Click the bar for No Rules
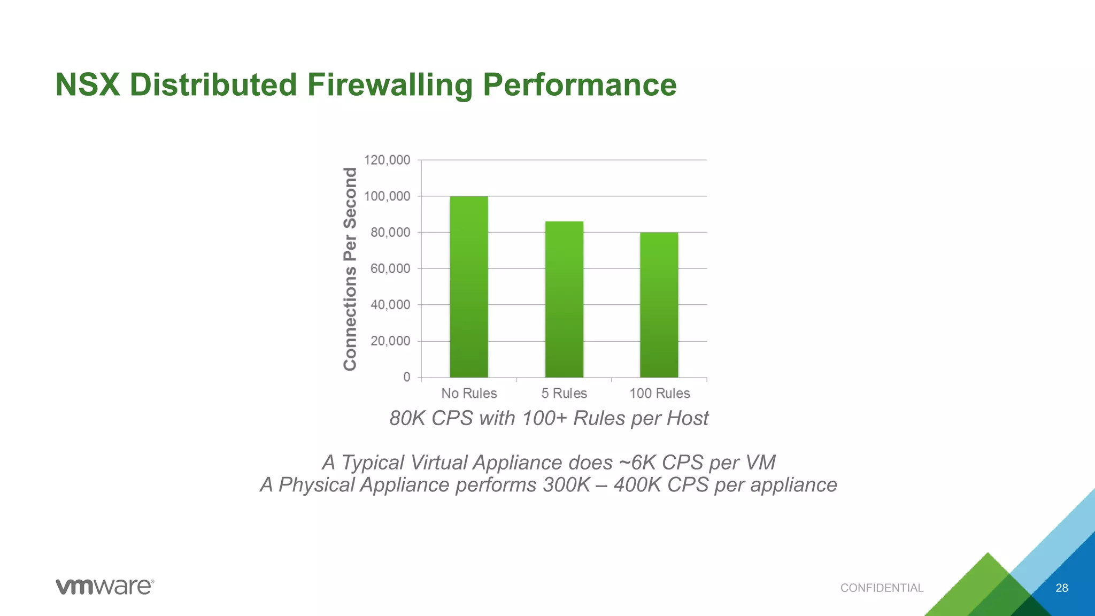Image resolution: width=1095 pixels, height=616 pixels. [x=469, y=287]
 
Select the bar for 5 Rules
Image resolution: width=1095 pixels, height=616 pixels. [x=564, y=299]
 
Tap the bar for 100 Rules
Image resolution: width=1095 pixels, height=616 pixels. [x=659, y=305]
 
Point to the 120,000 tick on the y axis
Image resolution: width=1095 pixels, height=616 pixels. [x=387, y=160]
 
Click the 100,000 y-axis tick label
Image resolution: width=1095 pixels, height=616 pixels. [x=387, y=196]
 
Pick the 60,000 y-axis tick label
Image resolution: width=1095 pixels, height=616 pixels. [x=390, y=268]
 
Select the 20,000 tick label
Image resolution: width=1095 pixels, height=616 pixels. [x=390, y=341]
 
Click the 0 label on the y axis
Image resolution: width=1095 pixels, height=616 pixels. [x=407, y=377]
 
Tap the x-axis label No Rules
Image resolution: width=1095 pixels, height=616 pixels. [x=469, y=394]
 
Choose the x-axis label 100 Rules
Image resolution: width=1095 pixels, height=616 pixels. [x=659, y=394]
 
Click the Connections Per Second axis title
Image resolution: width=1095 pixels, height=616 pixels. [x=350, y=269]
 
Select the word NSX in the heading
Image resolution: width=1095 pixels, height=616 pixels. [x=88, y=85]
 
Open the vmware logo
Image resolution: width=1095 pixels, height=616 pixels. [x=105, y=587]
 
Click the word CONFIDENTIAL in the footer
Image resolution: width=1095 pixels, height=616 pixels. [x=882, y=588]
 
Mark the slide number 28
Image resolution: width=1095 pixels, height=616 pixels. [x=1062, y=588]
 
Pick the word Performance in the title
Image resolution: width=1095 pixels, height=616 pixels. [x=580, y=85]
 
